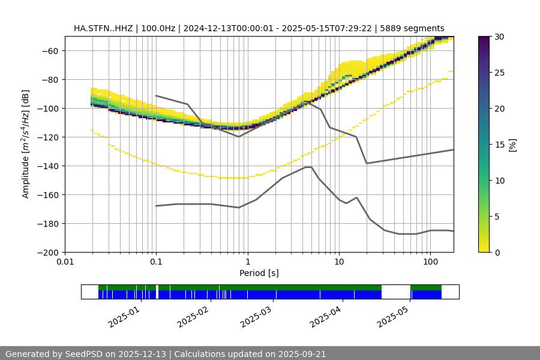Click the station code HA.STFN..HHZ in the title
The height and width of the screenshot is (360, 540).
pos(101,28)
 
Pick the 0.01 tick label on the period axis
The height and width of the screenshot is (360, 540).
pos(65,262)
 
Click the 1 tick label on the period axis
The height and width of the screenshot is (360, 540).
pos(247,262)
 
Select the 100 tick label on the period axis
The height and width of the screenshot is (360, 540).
pos(430,262)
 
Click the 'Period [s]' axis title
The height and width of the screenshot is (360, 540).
pos(259,273)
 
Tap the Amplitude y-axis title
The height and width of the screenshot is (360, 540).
pos(26,144)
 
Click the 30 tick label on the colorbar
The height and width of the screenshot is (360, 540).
pos(499,37)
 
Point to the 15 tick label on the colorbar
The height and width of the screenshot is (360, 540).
pos(499,145)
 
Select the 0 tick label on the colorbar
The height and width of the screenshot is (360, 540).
pos(497,252)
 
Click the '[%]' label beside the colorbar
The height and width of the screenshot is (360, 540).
pos(512,145)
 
